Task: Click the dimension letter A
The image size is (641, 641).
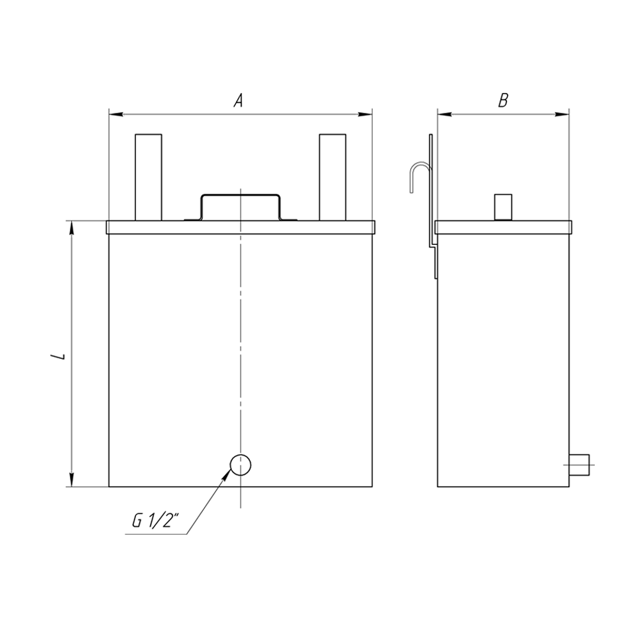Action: pos(238,101)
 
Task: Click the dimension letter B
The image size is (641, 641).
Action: pos(503,101)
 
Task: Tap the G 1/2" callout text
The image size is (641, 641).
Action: pos(156,521)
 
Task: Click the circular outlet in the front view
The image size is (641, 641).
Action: pos(240,465)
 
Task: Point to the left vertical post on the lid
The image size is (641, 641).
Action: pos(149,178)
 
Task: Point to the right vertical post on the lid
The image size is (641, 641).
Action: pos(332,178)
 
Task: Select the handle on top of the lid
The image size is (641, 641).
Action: pos(240,196)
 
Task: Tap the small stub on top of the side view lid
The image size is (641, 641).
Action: pos(503,207)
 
